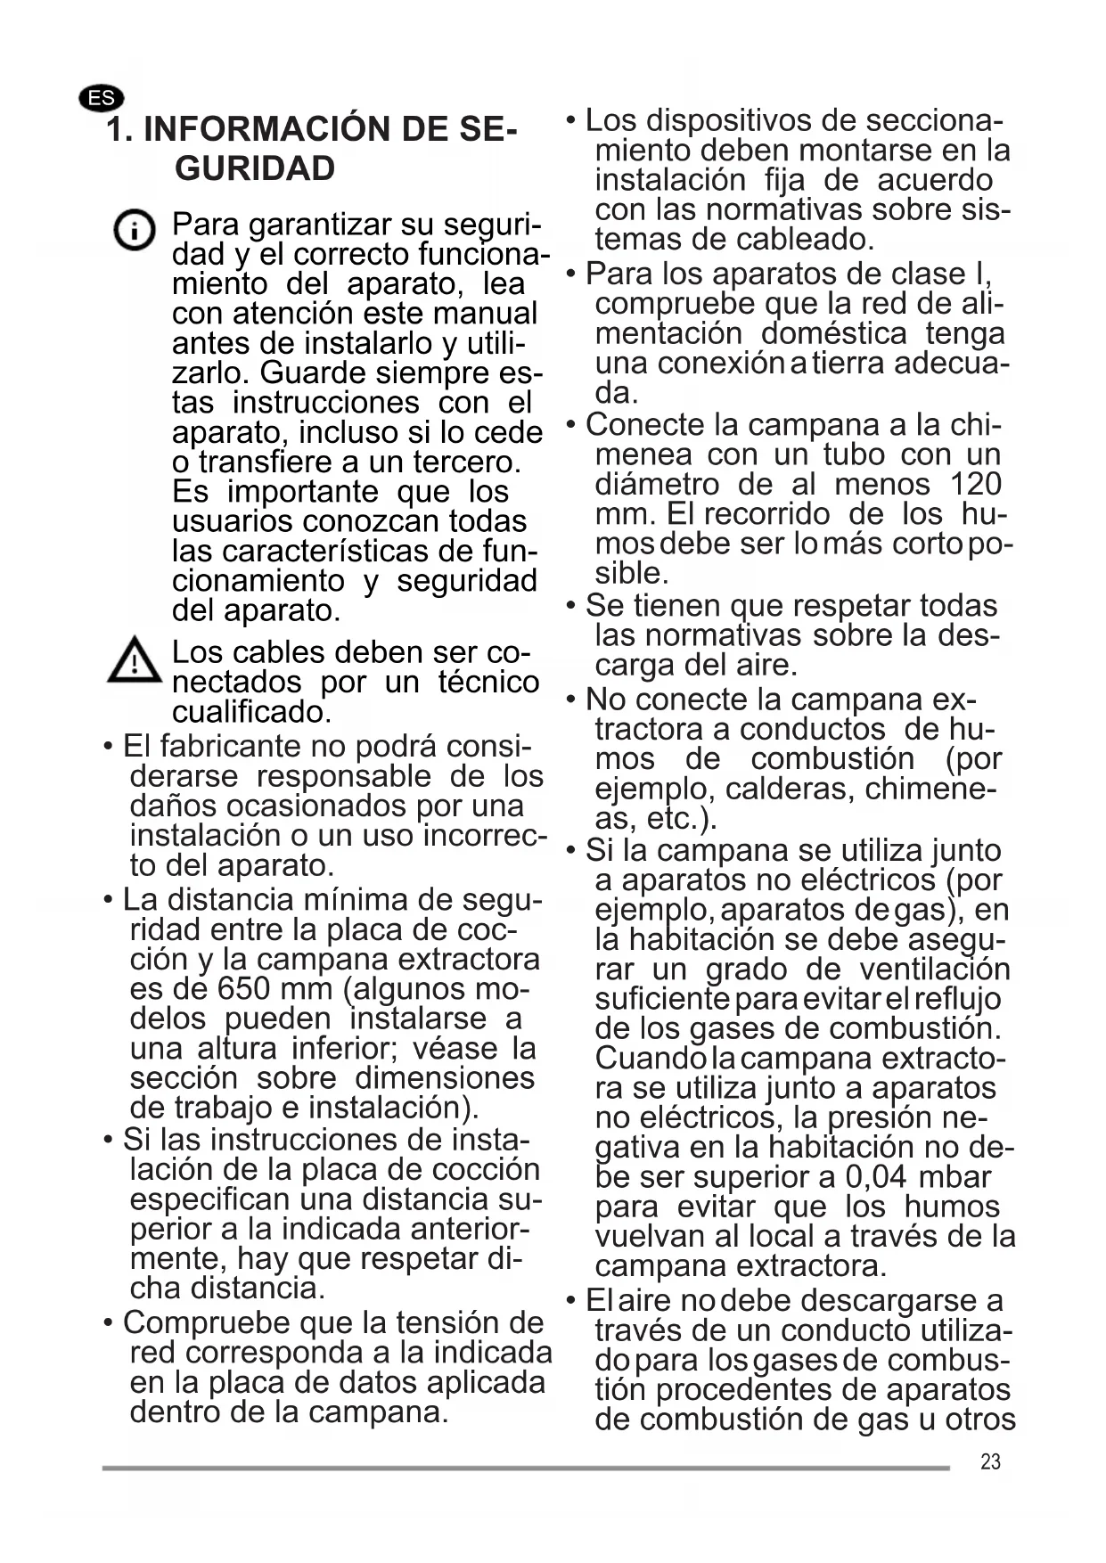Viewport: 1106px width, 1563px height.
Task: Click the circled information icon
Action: pos(135,232)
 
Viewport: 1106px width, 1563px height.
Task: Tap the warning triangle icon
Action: pos(135,660)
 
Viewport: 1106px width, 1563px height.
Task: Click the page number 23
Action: pos(990,1461)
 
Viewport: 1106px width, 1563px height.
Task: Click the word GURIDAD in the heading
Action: pos(255,168)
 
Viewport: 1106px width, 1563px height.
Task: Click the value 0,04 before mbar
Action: pos(876,1177)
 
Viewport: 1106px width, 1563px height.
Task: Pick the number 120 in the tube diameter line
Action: pos(976,484)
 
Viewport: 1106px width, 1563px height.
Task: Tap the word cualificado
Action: pos(251,712)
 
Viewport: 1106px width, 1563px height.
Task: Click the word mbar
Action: pos(954,1177)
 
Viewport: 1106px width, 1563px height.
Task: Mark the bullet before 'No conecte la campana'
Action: pos(571,700)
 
